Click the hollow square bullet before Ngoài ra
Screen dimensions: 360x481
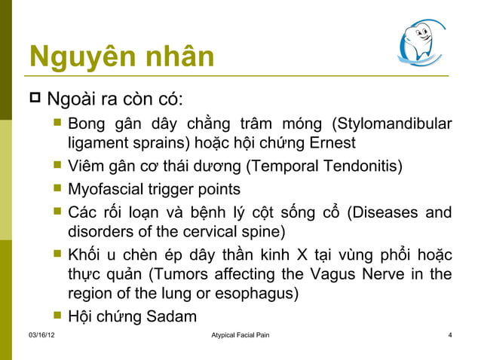point(35,99)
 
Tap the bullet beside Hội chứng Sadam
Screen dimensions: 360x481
point(57,316)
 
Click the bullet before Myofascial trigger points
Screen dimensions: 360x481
point(57,187)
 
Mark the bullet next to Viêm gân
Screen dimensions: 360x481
point(57,165)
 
